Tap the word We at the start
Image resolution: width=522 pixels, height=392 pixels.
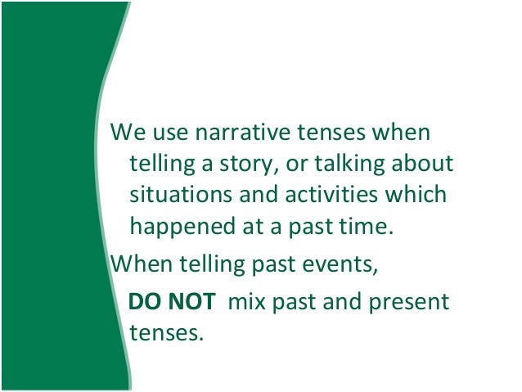125,132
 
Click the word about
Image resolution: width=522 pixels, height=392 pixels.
422,164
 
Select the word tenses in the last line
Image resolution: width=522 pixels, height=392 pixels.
164,333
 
